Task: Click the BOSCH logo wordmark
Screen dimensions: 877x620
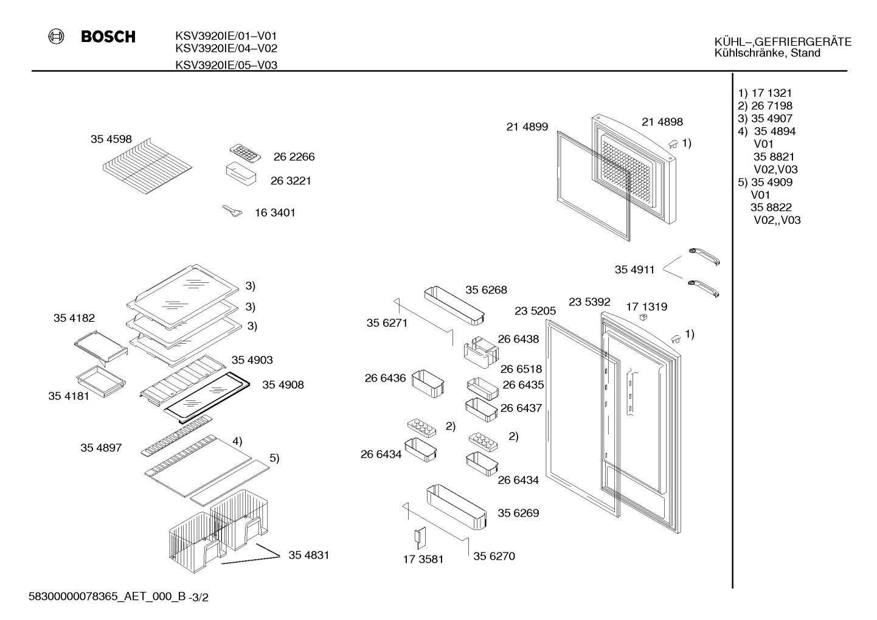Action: [108, 37]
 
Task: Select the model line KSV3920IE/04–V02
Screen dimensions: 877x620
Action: [226, 49]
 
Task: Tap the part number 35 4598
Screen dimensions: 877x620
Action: [111, 139]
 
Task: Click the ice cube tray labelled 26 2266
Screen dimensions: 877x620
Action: [245, 153]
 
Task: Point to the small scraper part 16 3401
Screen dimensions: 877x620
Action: [232, 211]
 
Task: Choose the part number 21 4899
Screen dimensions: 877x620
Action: [527, 127]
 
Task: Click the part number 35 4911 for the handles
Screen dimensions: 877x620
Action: [634, 270]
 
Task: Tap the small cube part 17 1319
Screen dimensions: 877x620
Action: [642, 317]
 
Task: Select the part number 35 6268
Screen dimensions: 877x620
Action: [486, 290]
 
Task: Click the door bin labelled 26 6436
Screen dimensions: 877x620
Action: [428, 383]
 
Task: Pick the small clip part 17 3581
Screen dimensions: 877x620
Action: [420, 538]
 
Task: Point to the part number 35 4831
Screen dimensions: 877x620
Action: [308, 555]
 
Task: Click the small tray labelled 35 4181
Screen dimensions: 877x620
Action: [101, 381]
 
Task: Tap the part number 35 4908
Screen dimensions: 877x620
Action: [283, 385]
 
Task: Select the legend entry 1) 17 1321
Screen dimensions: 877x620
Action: [764, 93]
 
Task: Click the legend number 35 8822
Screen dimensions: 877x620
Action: [771, 207]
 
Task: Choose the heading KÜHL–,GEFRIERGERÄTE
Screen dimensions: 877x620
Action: [783, 42]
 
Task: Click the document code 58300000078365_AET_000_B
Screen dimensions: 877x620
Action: [107, 596]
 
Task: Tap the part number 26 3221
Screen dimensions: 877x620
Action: [291, 181]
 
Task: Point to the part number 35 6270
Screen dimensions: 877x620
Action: [494, 556]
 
